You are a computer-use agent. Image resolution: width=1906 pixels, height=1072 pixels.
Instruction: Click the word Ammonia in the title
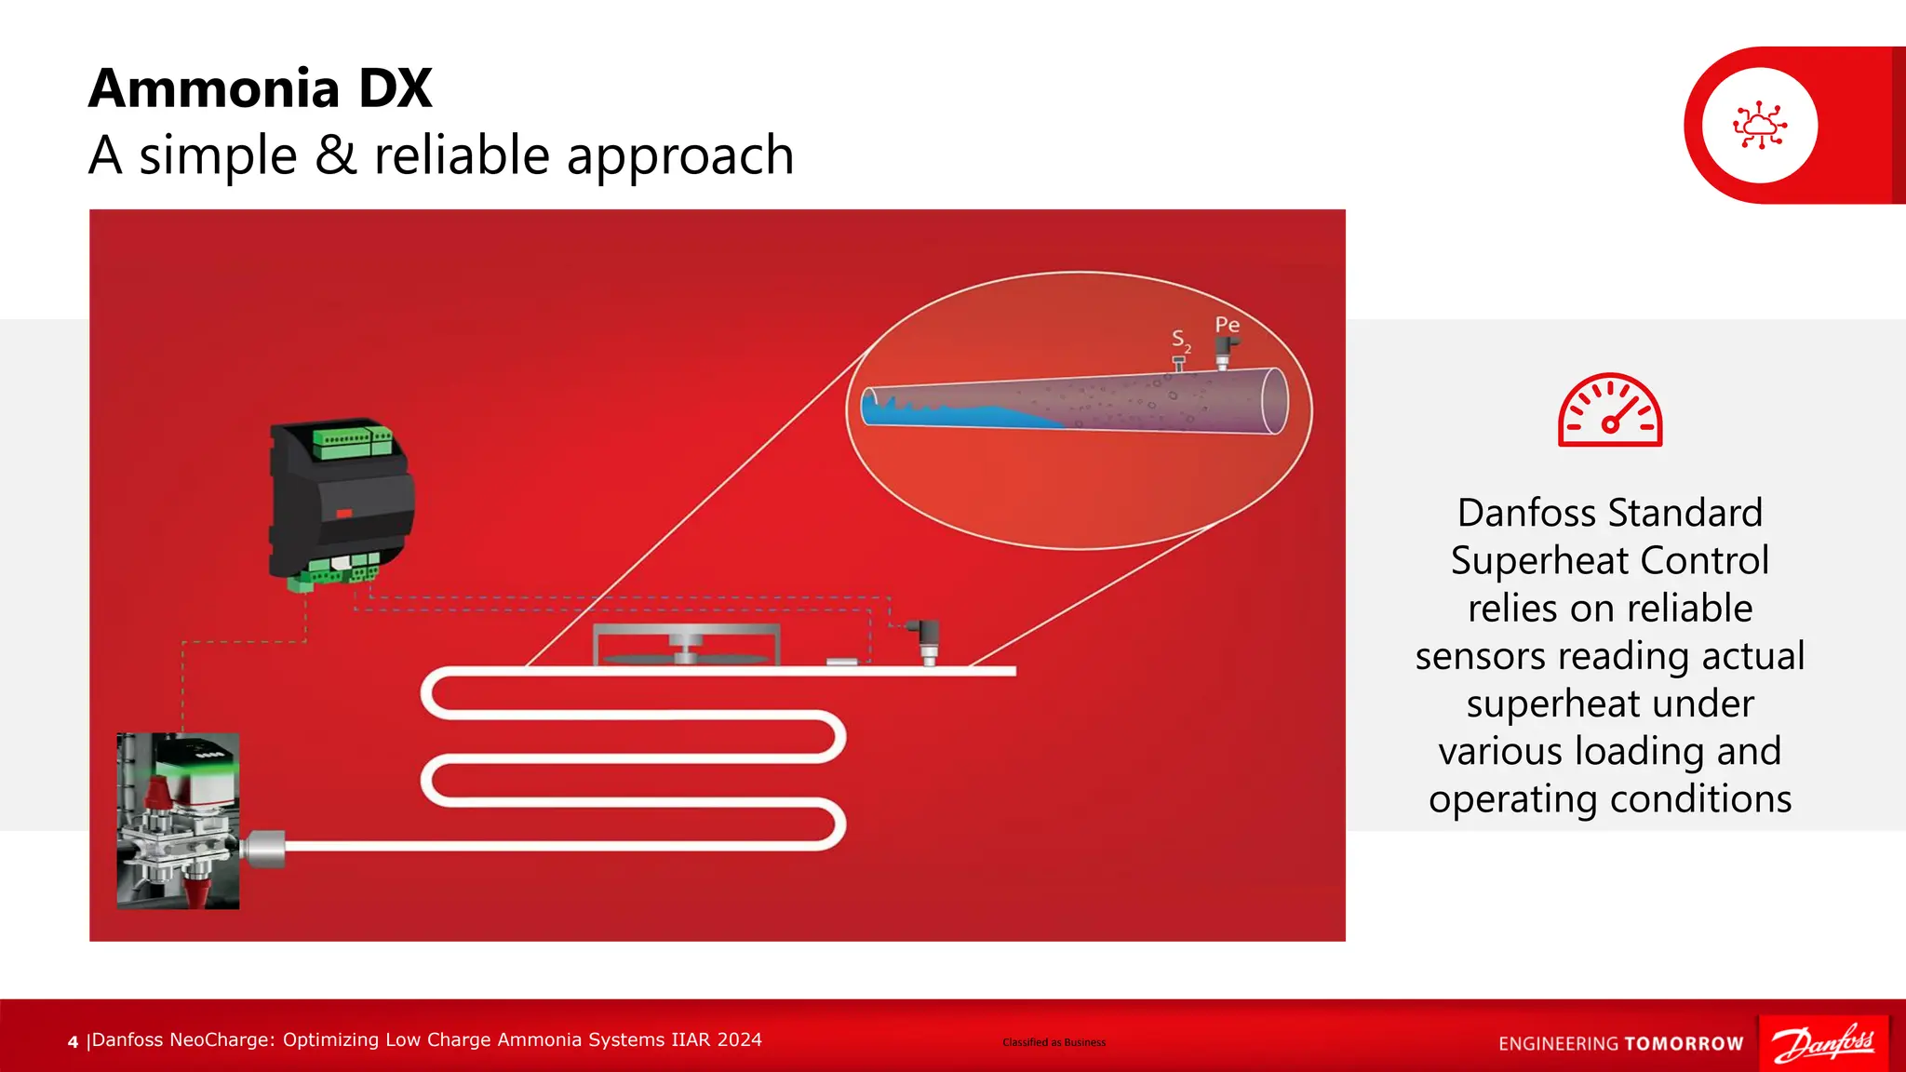(215, 89)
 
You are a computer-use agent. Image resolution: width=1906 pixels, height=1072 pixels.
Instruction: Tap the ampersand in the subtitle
(335, 154)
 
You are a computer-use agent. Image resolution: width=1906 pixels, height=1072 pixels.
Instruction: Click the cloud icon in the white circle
(1759, 126)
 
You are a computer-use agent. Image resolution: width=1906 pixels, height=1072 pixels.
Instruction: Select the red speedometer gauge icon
(1610, 411)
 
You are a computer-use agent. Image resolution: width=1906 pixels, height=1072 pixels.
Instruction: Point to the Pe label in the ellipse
(1227, 325)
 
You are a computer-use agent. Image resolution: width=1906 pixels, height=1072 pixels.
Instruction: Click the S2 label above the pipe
(1180, 340)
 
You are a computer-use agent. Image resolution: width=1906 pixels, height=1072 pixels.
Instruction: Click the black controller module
(341, 502)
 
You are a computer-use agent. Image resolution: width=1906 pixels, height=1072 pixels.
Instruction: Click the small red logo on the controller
(343, 513)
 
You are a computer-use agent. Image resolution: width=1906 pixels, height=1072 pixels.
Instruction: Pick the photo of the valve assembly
(178, 821)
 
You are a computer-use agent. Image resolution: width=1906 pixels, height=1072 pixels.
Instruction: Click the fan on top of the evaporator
(686, 651)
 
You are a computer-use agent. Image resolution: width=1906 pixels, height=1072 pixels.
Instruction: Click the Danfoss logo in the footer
(1823, 1042)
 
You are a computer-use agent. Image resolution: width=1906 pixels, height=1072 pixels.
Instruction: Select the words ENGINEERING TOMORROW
(1620, 1044)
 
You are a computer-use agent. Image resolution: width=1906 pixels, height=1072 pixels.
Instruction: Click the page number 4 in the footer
(73, 1042)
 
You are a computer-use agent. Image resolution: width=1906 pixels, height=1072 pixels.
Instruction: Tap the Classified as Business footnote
(1054, 1042)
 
